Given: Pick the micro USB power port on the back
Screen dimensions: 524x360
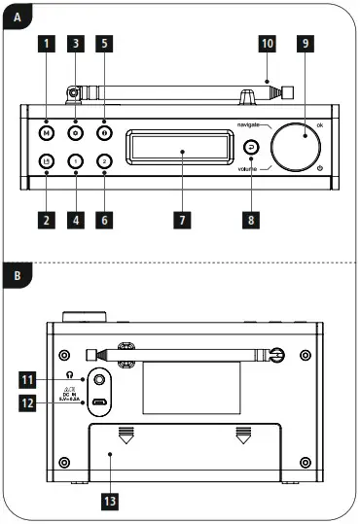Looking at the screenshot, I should (100, 402).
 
